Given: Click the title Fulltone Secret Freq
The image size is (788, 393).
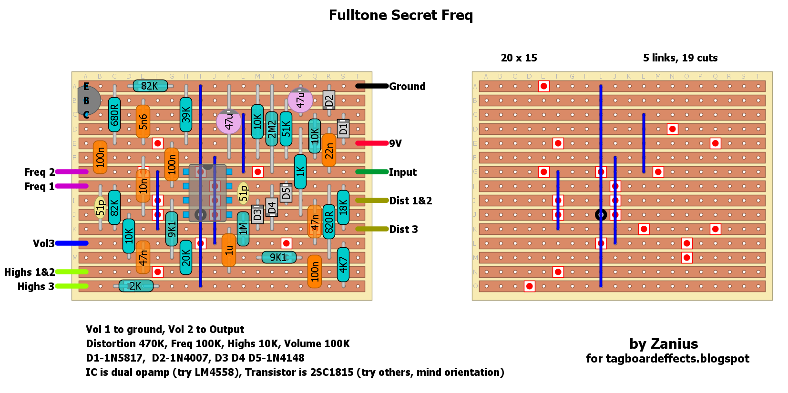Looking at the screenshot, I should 400,15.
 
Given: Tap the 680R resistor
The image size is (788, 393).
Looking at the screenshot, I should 114,115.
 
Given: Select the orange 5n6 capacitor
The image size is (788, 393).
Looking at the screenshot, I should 143,121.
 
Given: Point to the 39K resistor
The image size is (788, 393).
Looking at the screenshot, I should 186,115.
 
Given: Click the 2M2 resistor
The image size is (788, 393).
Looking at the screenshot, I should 272,129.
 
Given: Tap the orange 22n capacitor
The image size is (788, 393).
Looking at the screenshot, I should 329,150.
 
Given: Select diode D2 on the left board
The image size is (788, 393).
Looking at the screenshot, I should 329,101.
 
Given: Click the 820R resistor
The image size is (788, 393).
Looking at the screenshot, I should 329,222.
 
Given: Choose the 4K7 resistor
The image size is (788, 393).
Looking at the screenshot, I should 343,264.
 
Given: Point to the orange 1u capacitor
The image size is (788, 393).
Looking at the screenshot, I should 229,250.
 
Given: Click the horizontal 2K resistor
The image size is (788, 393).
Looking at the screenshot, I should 136,286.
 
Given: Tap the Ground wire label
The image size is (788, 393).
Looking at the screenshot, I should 407,86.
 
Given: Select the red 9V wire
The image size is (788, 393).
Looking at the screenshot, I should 372,143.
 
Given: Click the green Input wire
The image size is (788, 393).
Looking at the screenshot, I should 372,171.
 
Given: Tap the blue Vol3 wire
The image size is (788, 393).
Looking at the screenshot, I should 72,243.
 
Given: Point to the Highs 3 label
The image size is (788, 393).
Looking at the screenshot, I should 36,286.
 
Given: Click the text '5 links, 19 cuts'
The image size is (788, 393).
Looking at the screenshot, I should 680,58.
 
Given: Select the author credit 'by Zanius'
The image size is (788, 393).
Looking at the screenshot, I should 664,343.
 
